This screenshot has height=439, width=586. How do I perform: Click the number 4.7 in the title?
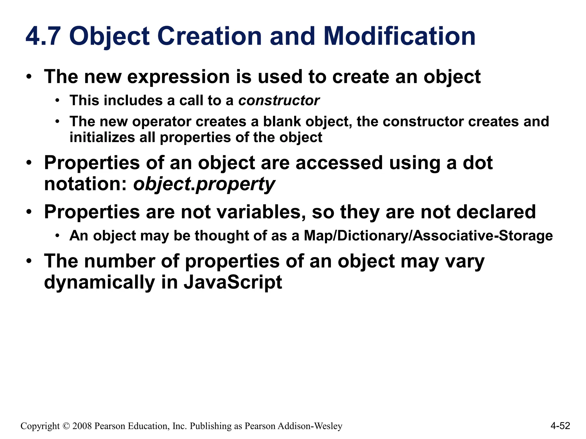point(43,36)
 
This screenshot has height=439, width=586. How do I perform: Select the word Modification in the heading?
point(400,36)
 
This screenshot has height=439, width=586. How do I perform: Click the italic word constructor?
point(279,101)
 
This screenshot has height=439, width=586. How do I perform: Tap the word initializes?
point(102,137)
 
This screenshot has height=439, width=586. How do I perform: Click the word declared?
point(496,212)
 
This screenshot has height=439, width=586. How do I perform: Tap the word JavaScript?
point(233,282)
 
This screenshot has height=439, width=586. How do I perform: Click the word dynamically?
point(99,282)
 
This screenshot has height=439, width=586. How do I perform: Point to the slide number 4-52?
point(560,426)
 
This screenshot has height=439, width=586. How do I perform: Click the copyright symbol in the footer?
point(66,426)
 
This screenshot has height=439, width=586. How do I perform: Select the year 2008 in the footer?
point(82,426)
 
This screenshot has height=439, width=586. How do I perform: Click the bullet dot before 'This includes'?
point(58,100)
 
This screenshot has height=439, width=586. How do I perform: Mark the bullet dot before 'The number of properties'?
point(29,261)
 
